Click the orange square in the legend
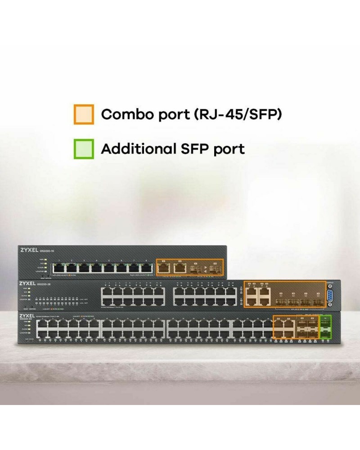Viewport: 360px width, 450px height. point(84,114)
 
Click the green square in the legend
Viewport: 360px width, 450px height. point(84,149)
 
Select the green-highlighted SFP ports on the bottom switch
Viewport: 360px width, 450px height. point(324,327)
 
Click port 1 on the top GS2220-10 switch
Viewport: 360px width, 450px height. point(59,269)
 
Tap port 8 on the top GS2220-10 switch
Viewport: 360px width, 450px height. point(146,269)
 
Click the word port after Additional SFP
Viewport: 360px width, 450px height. point(229,149)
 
